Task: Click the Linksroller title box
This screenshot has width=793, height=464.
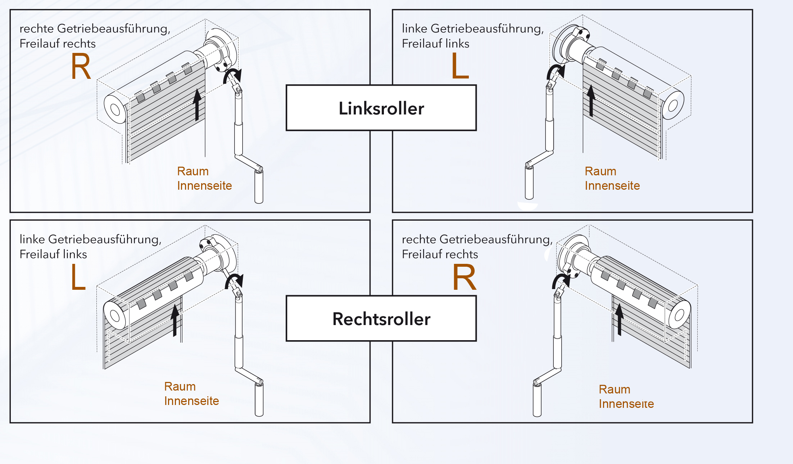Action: click(381, 108)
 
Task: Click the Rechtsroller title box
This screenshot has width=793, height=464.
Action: click(381, 319)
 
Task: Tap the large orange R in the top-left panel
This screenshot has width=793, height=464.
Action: click(81, 67)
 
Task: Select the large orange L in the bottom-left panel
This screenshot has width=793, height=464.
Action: click(78, 277)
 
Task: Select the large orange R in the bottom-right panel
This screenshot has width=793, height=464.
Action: click(464, 277)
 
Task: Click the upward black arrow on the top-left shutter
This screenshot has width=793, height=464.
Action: click(197, 105)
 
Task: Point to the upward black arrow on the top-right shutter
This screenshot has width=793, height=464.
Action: click(591, 100)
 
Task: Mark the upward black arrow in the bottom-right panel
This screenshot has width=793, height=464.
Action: click(619, 319)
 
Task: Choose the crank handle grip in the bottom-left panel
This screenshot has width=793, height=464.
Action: click(259, 400)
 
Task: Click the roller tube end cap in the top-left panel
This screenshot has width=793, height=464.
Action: click(115, 109)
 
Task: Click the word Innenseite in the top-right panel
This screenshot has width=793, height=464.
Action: click(612, 186)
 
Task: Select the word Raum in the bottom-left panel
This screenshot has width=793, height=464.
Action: click(180, 387)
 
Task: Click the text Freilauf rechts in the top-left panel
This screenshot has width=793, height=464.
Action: click(58, 44)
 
